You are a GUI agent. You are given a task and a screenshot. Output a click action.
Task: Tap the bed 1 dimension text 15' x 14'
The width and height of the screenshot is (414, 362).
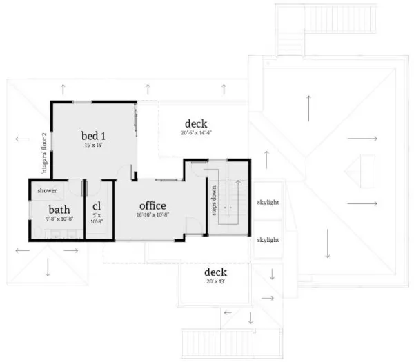[93, 145]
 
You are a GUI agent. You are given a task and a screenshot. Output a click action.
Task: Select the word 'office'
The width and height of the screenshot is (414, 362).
[152, 205]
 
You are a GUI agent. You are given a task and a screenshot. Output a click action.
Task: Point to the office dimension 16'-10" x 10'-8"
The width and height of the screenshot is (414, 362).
[152, 215]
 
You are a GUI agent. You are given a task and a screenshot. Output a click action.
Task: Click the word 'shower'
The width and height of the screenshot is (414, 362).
[47, 190]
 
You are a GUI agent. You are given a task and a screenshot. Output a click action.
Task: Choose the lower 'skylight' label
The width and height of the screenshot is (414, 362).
[267, 240]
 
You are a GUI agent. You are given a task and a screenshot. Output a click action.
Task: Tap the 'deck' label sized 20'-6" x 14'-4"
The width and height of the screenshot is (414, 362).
[196, 123]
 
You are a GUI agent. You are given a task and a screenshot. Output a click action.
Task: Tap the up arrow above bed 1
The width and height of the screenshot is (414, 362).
[63, 88]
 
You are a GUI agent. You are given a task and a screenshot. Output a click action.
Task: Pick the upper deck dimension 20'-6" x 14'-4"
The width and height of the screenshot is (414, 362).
[196, 133]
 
